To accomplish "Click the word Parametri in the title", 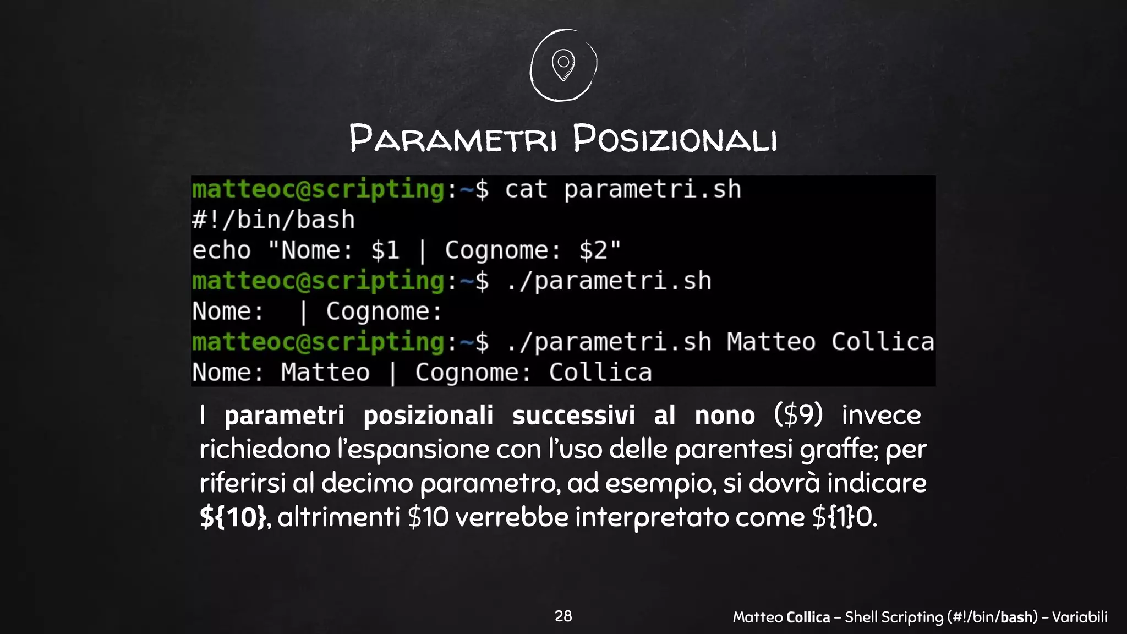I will (x=453, y=139).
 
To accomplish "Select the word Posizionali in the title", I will (x=675, y=139).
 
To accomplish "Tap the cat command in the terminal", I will (x=526, y=189).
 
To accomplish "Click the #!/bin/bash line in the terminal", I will (x=273, y=220).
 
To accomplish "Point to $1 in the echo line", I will (x=385, y=250).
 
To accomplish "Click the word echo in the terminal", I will (x=221, y=250).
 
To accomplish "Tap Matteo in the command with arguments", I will (x=771, y=342).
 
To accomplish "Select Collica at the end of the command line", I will (x=883, y=342).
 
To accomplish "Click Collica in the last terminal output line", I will (x=600, y=373).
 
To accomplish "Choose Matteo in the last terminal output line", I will (x=325, y=373).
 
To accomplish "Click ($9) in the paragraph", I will (x=798, y=414).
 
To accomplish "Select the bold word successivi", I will (x=573, y=415).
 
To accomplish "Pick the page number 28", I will (x=563, y=616).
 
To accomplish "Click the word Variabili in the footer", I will (x=1079, y=617).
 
